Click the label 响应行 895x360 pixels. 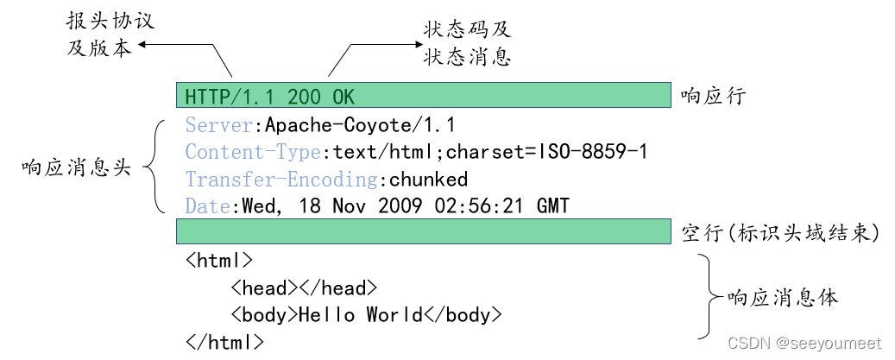click(712, 96)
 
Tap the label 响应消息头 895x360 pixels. click(76, 167)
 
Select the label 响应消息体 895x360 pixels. click(783, 298)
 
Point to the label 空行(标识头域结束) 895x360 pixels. click(779, 233)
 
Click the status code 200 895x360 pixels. click(303, 96)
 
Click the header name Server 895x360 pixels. click(219, 124)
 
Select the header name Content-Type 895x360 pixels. click(254, 152)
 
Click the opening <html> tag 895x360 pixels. click(219, 260)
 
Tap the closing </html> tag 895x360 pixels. click(224, 342)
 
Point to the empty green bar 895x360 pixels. click(424, 232)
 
